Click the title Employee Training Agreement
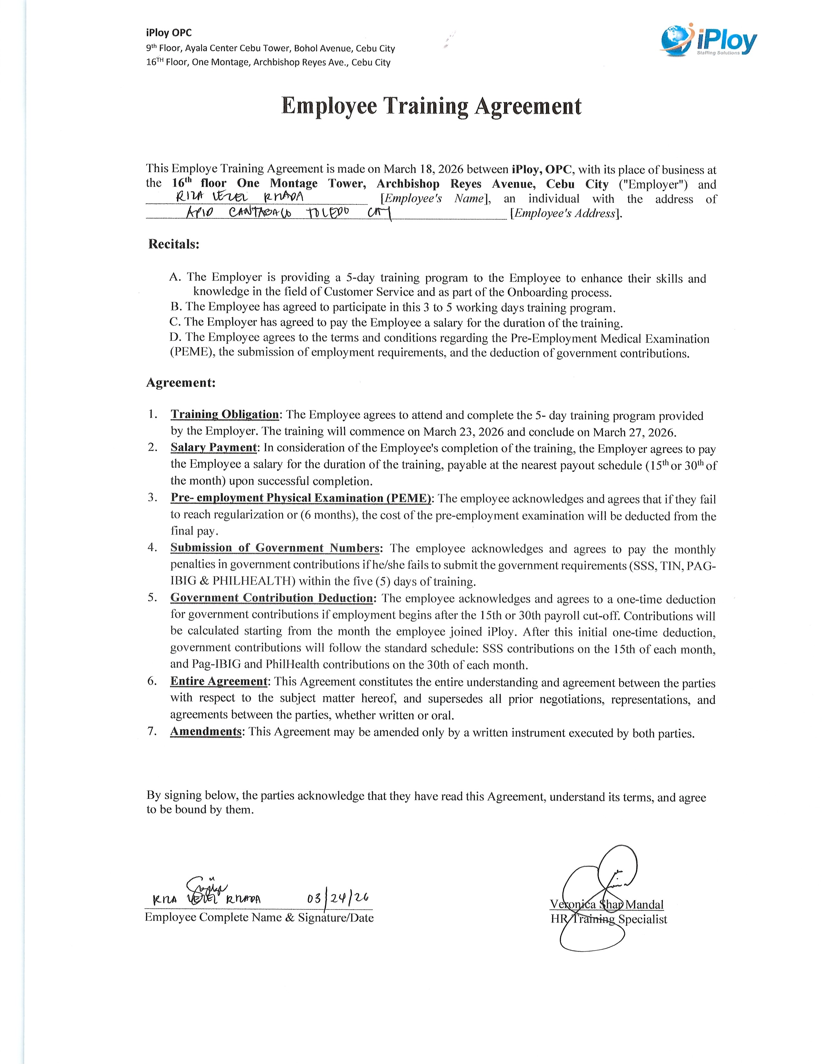431,106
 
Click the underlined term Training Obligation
224,415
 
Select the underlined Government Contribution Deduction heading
271,598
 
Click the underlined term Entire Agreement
219,681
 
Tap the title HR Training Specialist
609,919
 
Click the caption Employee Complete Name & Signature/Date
259,918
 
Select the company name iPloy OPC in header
169,33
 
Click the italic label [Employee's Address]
566,213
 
